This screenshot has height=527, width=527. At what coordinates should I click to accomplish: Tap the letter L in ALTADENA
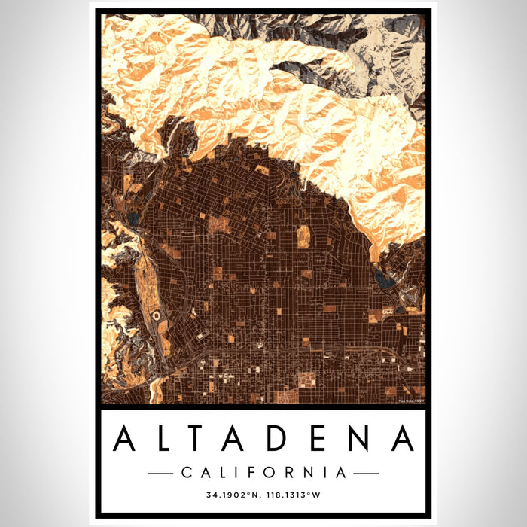pos(166,438)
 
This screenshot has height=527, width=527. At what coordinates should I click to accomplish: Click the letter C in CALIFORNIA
pos(187,473)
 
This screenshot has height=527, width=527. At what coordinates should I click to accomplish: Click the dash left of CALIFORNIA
pos(162,473)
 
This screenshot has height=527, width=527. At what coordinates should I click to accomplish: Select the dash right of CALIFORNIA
pos(366,473)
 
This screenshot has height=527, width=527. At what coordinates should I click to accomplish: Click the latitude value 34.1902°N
pos(231,495)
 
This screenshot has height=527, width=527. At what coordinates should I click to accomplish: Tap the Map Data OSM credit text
pos(410,400)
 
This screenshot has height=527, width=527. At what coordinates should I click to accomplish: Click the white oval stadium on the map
pos(156,317)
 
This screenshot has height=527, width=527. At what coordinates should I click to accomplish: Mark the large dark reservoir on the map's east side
pos(384,281)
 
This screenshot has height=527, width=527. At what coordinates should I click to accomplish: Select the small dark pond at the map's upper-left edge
pos(133,219)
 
